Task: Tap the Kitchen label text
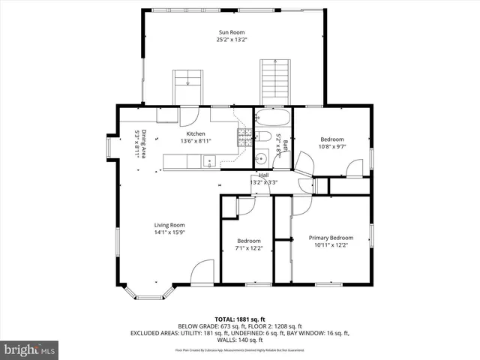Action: coord(186,133)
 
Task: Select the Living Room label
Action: coord(169,225)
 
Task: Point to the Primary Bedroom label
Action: coord(331,238)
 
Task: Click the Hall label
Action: coord(264,175)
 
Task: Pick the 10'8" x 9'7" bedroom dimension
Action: coord(332,148)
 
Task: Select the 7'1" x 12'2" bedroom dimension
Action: coord(248,248)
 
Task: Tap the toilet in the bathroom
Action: coord(263,136)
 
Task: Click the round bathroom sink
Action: coord(260,157)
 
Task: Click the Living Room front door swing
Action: coord(201,273)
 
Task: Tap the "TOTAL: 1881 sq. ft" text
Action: coord(239,319)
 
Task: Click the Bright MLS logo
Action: coord(30,349)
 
